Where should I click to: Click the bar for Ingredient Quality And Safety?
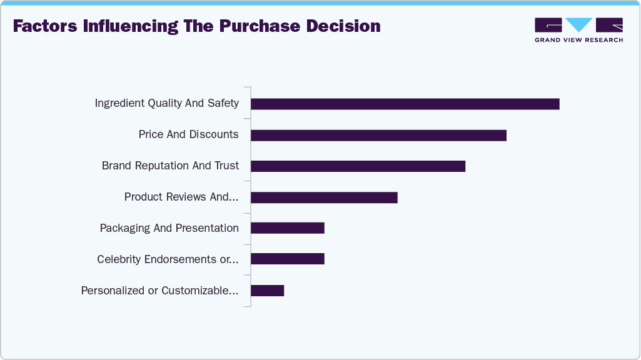click(405, 104)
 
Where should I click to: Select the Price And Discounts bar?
click(378, 135)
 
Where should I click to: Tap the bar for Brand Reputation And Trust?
click(358, 166)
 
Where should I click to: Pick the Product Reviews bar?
click(324, 197)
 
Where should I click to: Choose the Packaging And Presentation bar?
click(288, 228)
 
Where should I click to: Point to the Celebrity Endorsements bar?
click(288, 259)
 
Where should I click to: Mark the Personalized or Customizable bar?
click(268, 291)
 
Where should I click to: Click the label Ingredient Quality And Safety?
click(166, 103)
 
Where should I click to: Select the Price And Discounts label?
click(188, 134)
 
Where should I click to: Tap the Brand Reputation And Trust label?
click(170, 166)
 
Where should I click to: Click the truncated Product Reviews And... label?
click(181, 197)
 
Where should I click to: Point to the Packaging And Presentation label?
click(169, 228)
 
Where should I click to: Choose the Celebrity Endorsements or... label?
click(168, 259)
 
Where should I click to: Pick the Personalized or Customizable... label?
click(159, 291)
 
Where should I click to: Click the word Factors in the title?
click(44, 26)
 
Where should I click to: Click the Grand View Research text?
click(578, 40)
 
